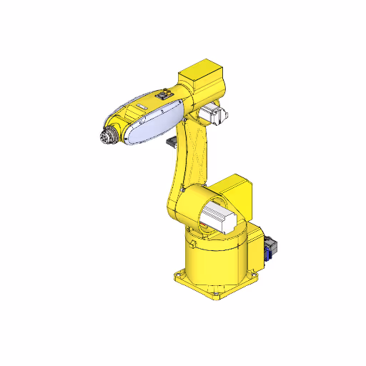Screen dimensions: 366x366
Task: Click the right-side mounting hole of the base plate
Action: pyautogui.click(x=254, y=272)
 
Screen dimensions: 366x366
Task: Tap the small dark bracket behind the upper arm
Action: pyautogui.click(x=172, y=144)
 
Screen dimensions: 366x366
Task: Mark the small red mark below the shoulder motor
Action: pyautogui.click(x=204, y=229)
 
